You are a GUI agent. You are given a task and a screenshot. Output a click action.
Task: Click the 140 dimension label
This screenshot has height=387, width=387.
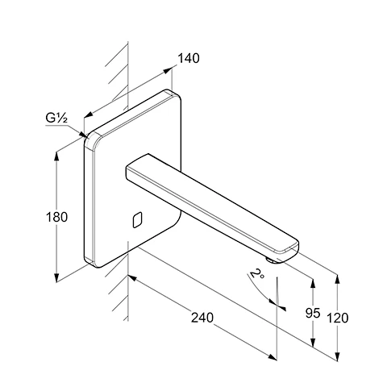coord(189,58)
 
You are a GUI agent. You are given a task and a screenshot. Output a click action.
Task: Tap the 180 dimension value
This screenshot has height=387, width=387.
coord(56,217)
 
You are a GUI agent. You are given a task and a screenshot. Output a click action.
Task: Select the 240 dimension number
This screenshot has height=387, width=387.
coord(202,318)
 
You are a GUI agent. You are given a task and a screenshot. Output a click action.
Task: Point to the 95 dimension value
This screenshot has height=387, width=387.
coord(313,313)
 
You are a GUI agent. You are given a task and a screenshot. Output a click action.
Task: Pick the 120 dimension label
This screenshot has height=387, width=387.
coord(338,318)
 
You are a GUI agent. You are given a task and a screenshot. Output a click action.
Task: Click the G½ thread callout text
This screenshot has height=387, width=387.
coord(56,118)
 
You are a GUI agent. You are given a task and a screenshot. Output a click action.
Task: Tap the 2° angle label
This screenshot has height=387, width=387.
coord(256,273)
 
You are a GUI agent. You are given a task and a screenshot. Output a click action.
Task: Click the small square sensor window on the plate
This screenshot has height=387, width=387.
coord(137,220)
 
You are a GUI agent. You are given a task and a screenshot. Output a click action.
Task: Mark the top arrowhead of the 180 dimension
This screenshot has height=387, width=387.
coord(56,156)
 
